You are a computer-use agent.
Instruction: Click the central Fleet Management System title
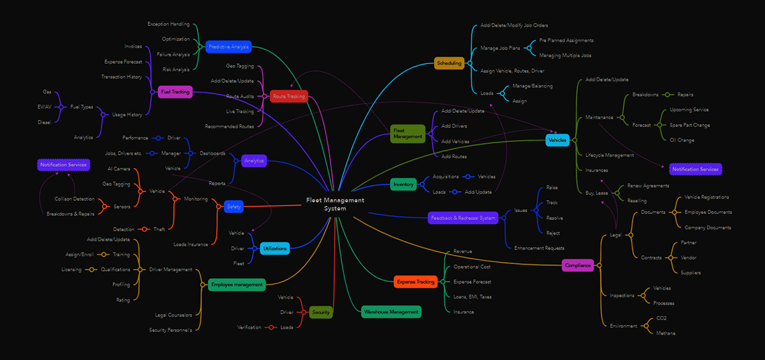pyautogui.click(x=335, y=204)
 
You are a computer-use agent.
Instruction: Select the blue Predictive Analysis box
pyautogui.click(x=228, y=46)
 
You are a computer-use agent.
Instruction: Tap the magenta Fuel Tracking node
pyautogui.click(x=175, y=92)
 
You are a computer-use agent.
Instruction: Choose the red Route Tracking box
pyautogui.click(x=288, y=96)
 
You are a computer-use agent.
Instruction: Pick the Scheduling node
pyautogui.click(x=449, y=63)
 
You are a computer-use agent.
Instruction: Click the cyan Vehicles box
pyautogui.click(x=557, y=140)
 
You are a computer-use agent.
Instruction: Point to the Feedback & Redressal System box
pyautogui.click(x=462, y=218)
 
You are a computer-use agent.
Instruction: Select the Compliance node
pyautogui.click(x=578, y=265)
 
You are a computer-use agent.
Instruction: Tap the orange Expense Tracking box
pyautogui.click(x=416, y=282)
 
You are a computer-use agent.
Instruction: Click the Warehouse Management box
pyautogui.click(x=391, y=311)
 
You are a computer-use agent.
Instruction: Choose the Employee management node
pyautogui.click(x=237, y=284)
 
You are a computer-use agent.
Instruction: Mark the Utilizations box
pyautogui.click(x=275, y=248)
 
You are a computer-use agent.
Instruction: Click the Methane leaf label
pyautogui.click(x=666, y=333)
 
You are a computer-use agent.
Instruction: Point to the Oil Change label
pyautogui.click(x=682, y=140)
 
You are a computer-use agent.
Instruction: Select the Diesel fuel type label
pyautogui.click(x=44, y=122)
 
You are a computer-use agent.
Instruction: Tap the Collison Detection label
pyautogui.click(x=74, y=198)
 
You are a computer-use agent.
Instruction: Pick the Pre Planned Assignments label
pyautogui.click(x=566, y=41)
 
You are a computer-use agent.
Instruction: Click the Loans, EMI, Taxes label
pyautogui.click(x=472, y=297)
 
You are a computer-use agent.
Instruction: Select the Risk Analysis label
pyautogui.click(x=176, y=70)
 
